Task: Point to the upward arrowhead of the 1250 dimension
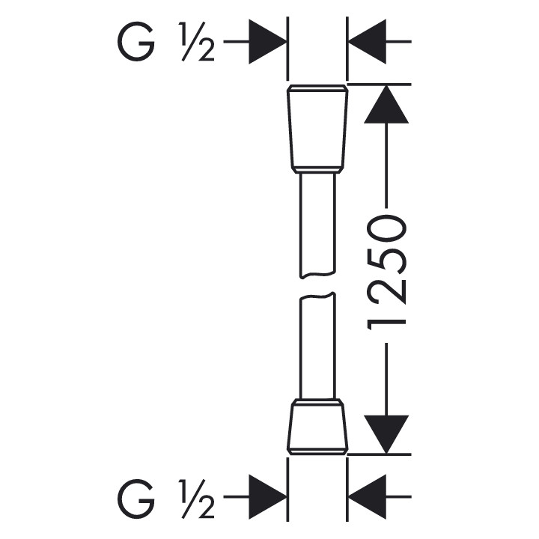tap(386, 105)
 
